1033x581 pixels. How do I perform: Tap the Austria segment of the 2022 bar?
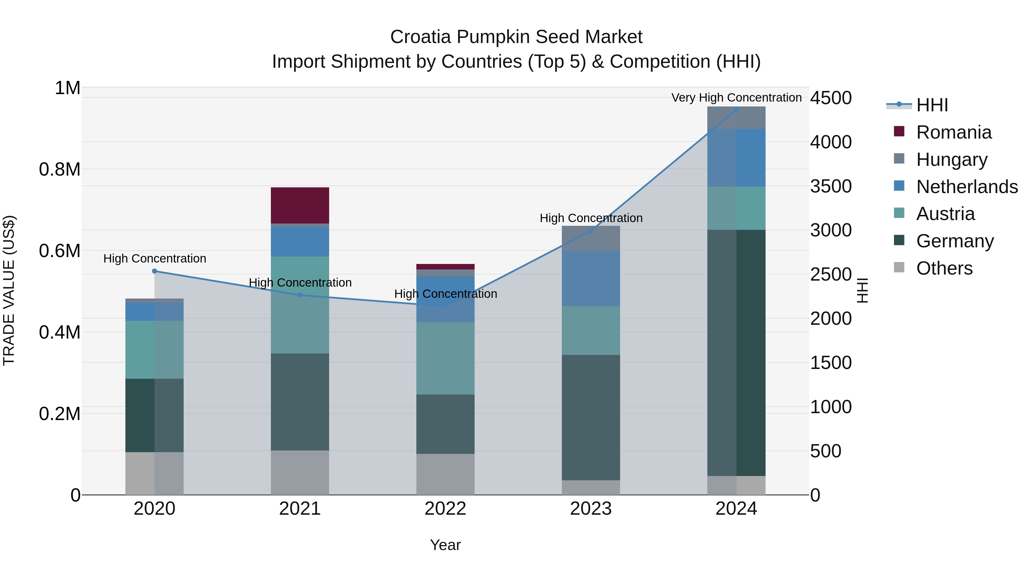coord(445,358)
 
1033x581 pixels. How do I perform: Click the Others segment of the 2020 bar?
coord(154,473)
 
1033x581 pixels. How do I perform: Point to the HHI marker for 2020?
coord(154,271)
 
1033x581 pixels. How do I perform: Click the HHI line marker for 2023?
coord(591,231)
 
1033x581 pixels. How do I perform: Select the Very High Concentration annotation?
coord(736,98)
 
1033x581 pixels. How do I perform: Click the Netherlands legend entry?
coord(967,187)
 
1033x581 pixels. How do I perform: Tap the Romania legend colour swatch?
coord(899,131)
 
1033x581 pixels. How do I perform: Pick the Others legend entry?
coord(944,268)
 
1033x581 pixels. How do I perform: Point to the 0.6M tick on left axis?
coord(59,251)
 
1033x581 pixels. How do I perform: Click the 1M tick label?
coord(67,88)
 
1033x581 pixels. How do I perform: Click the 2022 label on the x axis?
coord(445,509)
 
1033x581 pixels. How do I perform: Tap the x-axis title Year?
coord(445,545)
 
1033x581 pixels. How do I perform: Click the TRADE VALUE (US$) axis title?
coord(9,290)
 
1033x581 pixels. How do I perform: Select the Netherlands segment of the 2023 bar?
coord(591,279)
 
